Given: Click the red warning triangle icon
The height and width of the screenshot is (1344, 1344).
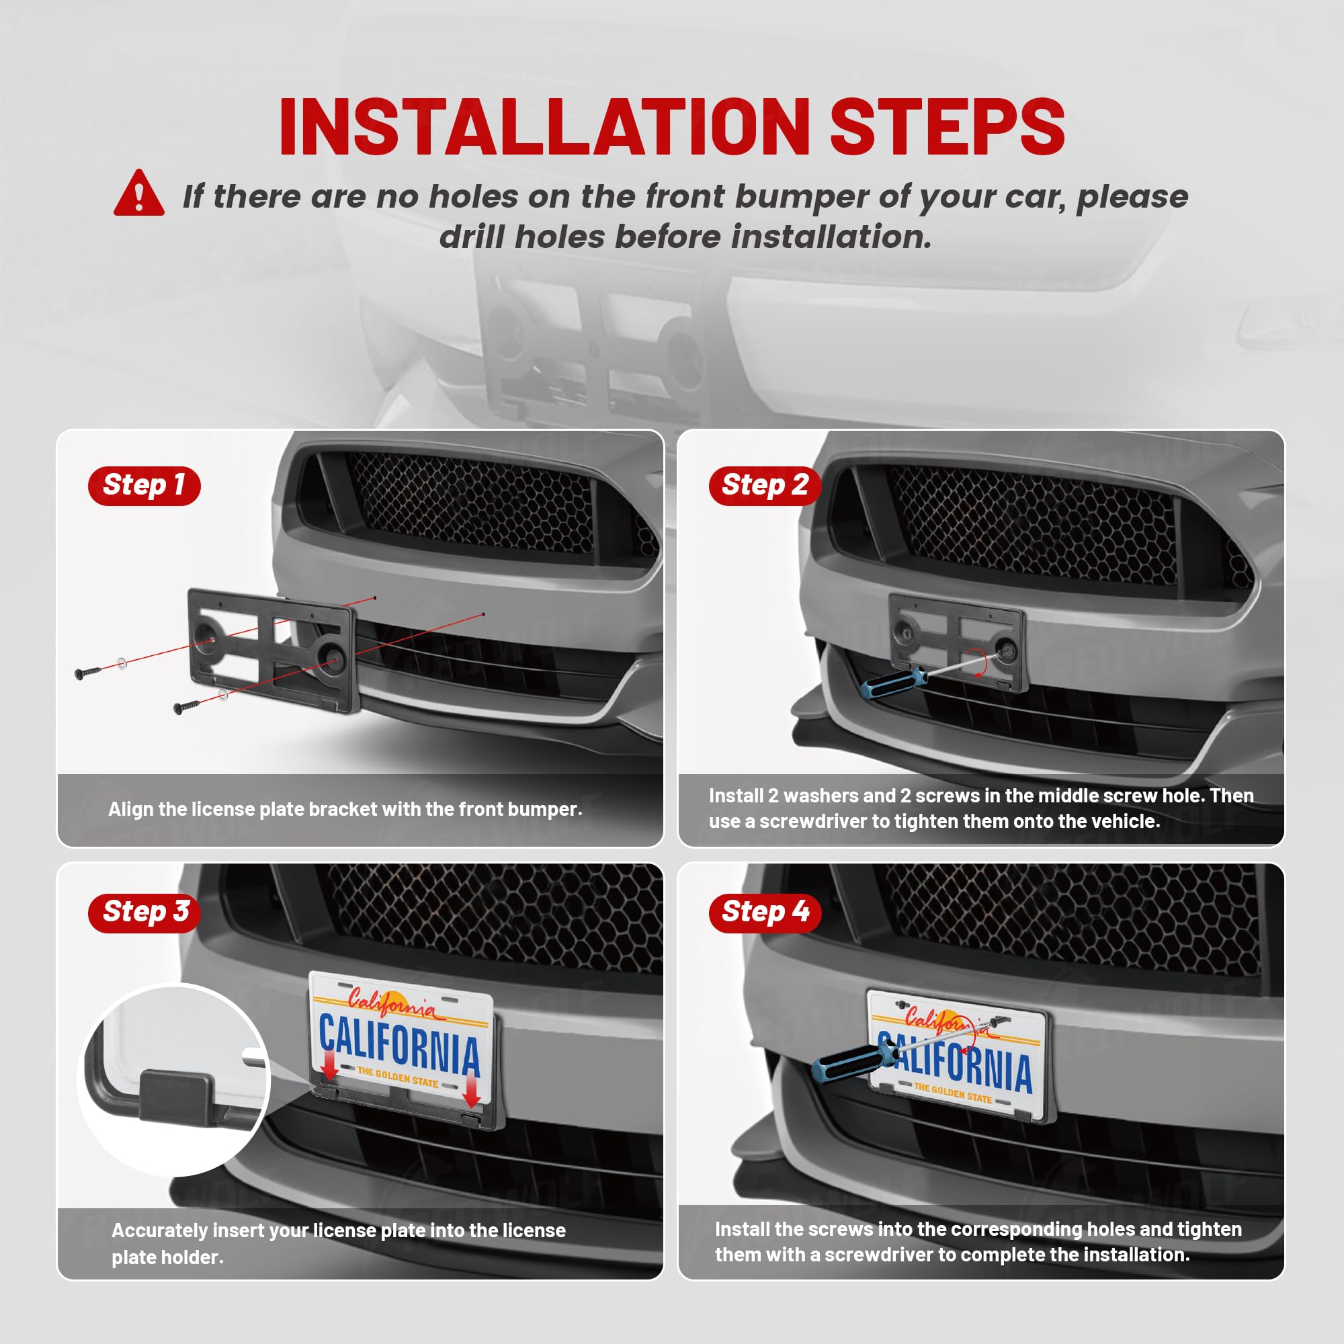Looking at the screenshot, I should pyautogui.click(x=139, y=195).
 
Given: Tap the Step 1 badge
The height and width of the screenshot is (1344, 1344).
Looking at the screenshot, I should pyautogui.click(x=144, y=486).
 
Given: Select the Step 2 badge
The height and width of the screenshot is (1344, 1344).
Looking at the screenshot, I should pyautogui.click(x=765, y=486).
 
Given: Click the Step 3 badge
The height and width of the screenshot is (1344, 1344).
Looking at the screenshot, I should pyautogui.click(x=144, y=912).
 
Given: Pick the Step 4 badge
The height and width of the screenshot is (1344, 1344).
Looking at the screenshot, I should pyautogui.click(x=765, y=912).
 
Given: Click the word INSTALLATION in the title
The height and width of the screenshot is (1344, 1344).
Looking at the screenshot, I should pyautogui.click(x=544, y=127).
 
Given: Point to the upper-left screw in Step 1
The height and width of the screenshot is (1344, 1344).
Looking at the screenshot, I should pyautogui.click(x=87, y=673).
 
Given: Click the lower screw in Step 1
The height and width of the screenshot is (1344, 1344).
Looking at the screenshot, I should pyautogui.click(x=186, y=707).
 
